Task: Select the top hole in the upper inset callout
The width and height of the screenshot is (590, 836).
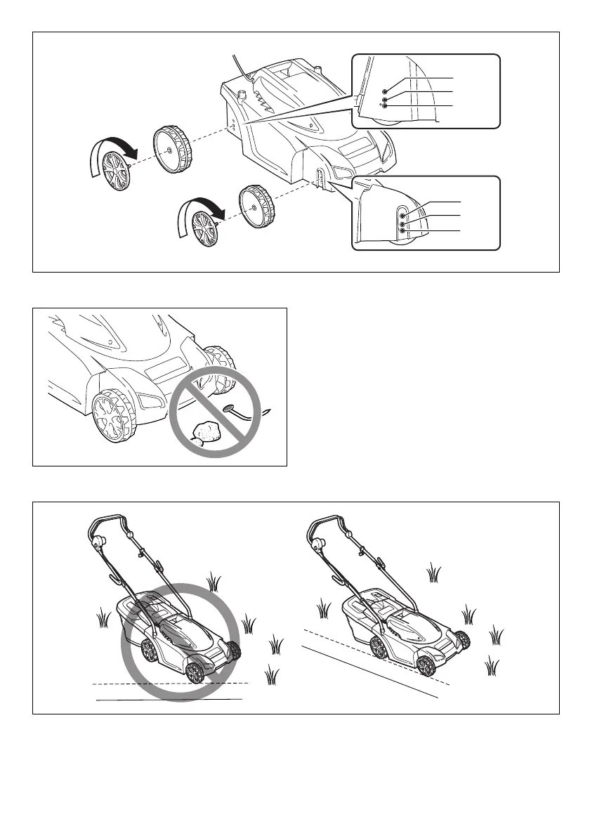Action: point(385,92)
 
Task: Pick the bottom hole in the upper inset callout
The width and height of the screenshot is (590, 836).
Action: point(385,106)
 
